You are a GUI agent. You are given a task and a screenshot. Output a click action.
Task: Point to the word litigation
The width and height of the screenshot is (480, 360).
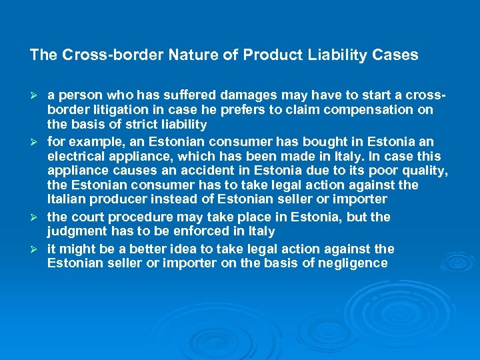(116, 110)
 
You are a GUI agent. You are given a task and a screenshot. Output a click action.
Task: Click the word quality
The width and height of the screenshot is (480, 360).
(425, 171)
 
